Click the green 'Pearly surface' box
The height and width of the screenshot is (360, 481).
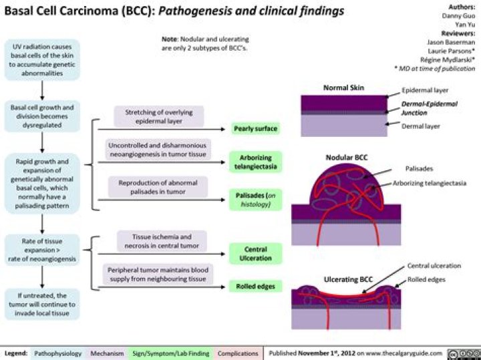256,128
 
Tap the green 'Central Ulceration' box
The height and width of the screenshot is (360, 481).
256,253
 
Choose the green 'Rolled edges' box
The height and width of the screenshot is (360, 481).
256,287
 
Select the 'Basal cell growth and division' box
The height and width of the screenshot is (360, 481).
43,115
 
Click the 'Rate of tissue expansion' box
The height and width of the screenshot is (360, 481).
43,250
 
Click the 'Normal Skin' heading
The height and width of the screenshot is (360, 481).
344,87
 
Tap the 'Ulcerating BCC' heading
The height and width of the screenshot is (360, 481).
347,278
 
